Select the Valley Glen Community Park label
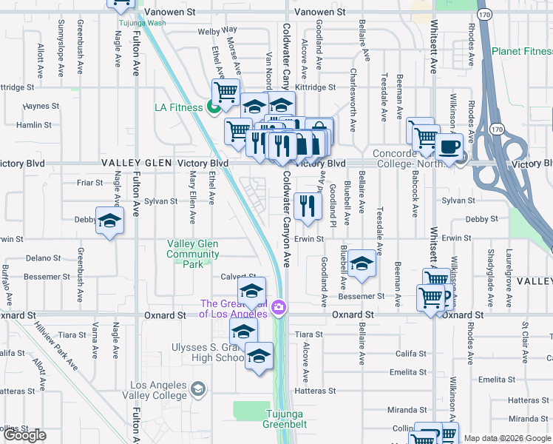point(193,254)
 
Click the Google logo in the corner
point(24,435)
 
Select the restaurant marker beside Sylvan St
point(308,206)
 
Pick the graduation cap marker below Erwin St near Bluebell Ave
point(362,265)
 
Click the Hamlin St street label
point(33,126)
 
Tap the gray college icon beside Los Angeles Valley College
point(197,388)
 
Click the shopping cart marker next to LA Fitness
point(225,92)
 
